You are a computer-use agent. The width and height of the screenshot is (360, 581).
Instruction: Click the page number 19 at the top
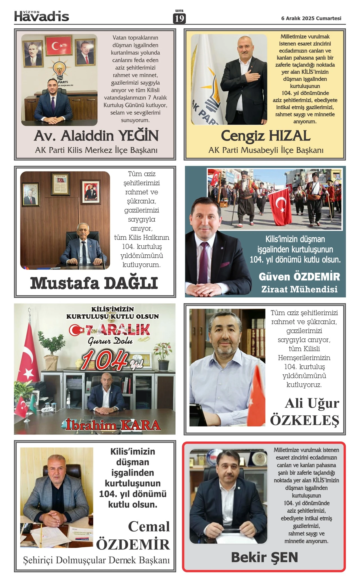[179, 19]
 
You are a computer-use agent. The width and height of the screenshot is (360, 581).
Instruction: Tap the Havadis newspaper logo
[42, 16]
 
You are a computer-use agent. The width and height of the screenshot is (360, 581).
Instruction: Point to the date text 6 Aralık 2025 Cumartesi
[311, 18]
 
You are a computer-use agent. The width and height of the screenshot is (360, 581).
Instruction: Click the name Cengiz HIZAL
[265, 136]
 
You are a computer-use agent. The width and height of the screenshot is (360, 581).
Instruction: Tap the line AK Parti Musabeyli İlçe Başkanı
[265, 150]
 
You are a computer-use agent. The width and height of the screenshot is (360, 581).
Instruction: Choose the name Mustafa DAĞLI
[94, 283]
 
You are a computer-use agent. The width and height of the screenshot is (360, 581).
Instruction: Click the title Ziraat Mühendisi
[299, 289]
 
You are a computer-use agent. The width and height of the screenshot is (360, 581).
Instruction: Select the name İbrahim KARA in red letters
[113, 425]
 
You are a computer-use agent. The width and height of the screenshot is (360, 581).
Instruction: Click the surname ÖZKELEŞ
[304, 421]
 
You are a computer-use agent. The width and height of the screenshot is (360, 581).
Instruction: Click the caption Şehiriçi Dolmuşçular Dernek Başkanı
[96, 560]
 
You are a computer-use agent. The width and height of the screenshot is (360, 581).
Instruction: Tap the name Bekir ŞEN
[264, 557]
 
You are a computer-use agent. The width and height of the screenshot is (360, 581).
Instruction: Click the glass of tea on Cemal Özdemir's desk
[91, 519]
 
